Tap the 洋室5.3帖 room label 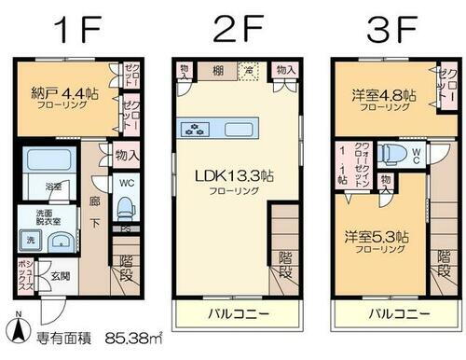pos(372,238)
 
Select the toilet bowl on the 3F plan pos(392,153)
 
